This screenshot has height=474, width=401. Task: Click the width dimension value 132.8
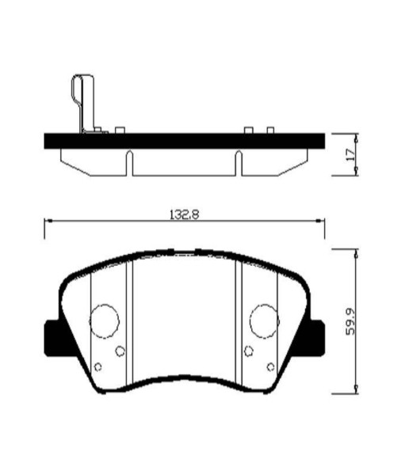[x=181, y=213]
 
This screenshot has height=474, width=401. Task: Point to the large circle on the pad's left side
[x=104, y=319]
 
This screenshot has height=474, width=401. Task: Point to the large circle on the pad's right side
[x=264, y=319]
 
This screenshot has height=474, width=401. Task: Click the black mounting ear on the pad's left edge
[x=50, y=336]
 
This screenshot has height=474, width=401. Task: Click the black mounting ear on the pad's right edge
[x=318, y=336]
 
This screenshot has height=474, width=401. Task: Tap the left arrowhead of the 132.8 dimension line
[x=48, y=222]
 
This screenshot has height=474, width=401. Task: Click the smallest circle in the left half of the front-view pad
[x=98, y=366]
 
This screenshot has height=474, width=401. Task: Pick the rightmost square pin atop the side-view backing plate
[x=270, y=130]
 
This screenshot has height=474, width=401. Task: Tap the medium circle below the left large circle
[x=120, y=351]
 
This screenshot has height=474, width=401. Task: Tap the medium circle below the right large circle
[x=248, y=351]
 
